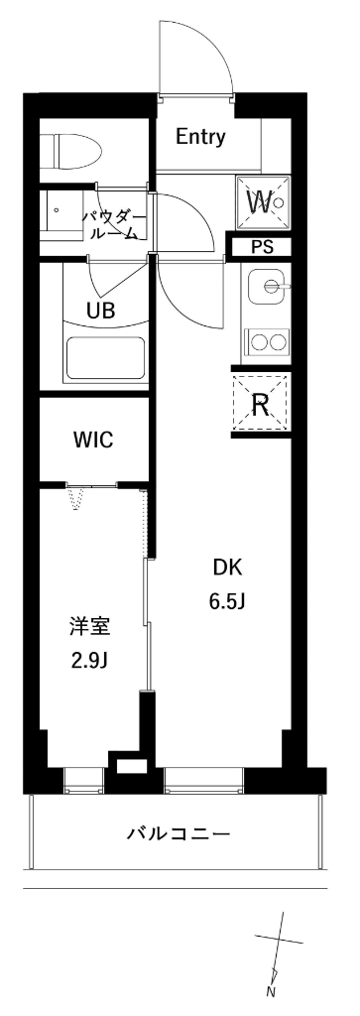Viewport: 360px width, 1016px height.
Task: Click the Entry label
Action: tap(200, 138)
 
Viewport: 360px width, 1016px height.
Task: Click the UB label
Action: tap(100, 310)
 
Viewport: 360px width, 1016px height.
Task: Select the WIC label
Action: tap(91, 441)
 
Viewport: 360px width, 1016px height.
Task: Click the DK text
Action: tap(227, 568)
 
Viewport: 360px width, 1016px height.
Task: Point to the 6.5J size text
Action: tap(227, 601)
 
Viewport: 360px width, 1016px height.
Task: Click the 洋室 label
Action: tap(88, 626)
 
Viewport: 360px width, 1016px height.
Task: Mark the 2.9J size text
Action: tap(88, 660)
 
